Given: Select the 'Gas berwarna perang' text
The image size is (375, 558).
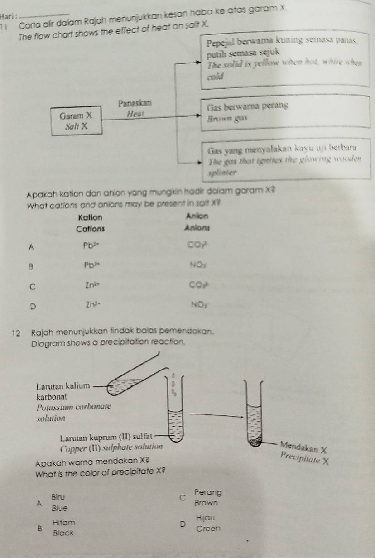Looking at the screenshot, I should coord(247,107).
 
